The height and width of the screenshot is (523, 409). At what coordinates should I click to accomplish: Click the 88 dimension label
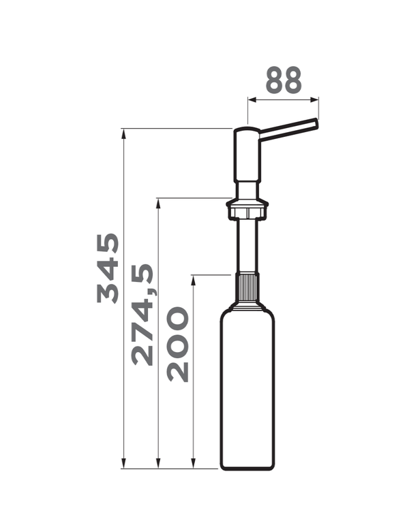[284, 80]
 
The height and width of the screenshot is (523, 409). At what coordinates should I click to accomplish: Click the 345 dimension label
[108, 268]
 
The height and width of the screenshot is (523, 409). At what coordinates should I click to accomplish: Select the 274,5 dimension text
[143, 315]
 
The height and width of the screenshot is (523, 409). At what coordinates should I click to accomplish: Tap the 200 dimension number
[177, 344]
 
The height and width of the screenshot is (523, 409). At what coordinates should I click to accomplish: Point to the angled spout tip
[316, 123]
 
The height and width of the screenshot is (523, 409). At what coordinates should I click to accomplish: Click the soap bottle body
[247, 390]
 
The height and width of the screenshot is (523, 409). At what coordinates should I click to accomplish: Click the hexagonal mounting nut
[247, 210]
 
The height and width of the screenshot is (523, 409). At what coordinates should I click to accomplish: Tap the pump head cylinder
[247, 155]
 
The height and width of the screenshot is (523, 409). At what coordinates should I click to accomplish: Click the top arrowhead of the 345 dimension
[123, 134]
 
